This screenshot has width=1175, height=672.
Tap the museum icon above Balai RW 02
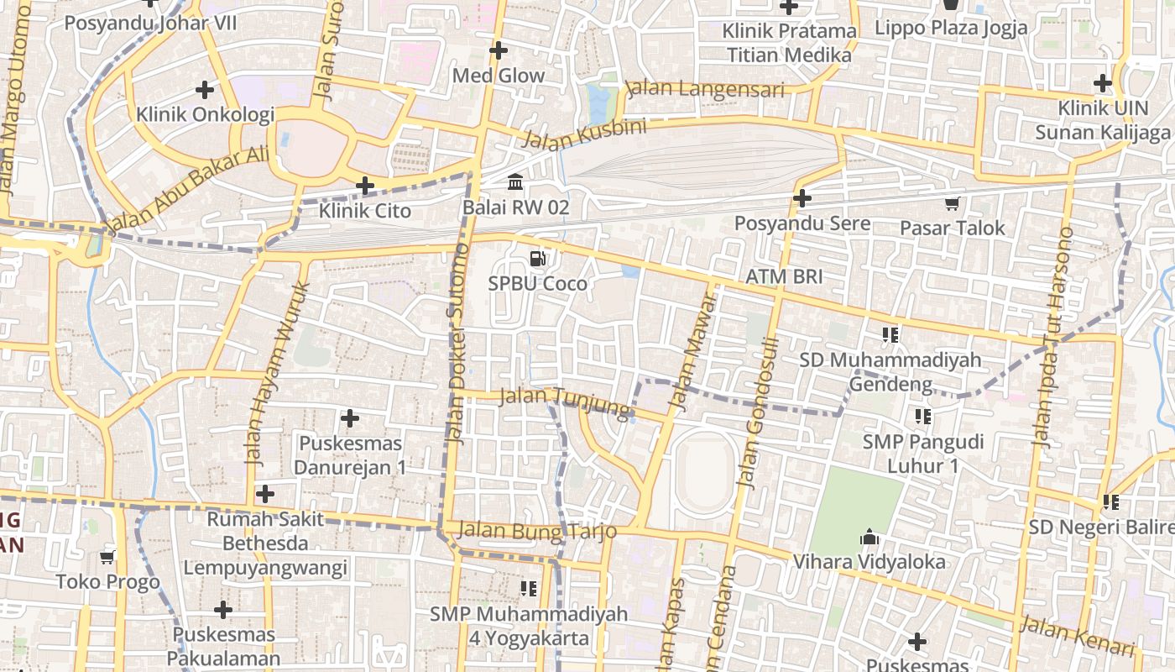515,181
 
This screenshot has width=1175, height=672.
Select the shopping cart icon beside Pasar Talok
952,203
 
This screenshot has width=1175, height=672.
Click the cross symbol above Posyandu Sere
802,199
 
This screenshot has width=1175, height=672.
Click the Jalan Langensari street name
705,89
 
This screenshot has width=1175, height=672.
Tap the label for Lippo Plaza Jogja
951,28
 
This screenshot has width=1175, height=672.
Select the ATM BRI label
784,277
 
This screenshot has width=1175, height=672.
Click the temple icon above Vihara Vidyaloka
869,537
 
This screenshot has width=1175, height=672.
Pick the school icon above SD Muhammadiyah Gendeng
890,335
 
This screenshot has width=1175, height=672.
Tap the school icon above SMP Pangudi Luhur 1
923,416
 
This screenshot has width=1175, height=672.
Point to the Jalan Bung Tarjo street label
538,531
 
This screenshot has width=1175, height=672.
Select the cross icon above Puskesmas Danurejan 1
350,417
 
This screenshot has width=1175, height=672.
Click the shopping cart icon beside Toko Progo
107,556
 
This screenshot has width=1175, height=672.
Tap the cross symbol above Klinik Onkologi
205,89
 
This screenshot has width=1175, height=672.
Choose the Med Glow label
499,76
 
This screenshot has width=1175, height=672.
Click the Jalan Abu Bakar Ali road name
189,190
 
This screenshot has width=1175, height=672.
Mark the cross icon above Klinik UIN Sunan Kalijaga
1103,83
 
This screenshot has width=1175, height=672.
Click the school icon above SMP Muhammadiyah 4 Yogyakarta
528,589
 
